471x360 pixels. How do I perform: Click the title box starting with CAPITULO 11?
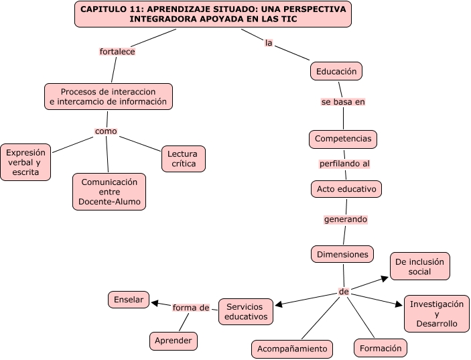coord(213,14)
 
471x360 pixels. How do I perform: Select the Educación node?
coord(336,70)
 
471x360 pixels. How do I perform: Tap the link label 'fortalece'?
coord(117,51)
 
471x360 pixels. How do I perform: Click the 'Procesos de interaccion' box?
coord(108,97)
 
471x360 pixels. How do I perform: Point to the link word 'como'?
coord(106,131)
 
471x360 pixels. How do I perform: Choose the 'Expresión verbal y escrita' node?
coord(25,162)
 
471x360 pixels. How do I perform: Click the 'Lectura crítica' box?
coord(183,159)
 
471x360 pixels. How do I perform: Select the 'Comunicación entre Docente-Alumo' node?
coord(109,192)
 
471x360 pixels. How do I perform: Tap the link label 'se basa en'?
coord(343,102)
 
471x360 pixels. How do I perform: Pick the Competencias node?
coord(343,139)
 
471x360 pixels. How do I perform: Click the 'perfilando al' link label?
coord(344,163)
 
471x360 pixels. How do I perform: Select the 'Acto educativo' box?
coord(346,189)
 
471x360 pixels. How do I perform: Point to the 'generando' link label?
coord(346,219)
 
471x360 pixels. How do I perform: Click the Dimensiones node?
coord(342,254)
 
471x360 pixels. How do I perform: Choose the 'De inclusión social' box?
coord(420,266)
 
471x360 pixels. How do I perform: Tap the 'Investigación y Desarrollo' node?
coord(436,314)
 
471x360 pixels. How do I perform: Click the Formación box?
coord(381,348)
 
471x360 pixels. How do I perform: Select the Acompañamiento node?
coord(292,349)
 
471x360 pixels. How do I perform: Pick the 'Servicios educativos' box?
coord(246,312)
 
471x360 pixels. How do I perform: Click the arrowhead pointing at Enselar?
coord(153,303)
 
